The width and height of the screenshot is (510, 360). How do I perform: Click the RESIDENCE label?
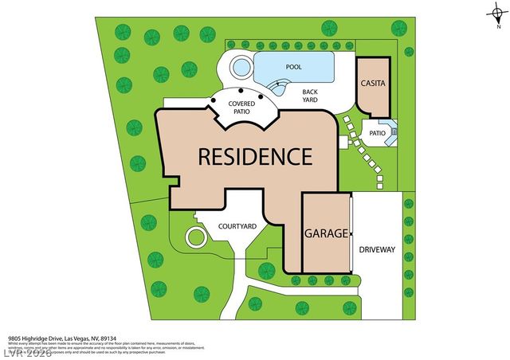(254, 156)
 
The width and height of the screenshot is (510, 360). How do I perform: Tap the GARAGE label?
(326, 234)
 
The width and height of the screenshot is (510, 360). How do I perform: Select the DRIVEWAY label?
(377, 249)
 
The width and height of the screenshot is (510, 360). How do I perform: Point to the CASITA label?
(373, 83)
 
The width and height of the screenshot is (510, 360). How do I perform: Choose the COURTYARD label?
(237, 226)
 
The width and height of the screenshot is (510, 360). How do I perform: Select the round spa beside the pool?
(241, 67)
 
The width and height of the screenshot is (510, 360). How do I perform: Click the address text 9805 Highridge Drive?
(41, 338)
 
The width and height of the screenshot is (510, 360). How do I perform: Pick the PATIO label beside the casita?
(376, 135)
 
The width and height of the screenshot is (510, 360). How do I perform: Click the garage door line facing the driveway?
(351, 230)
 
